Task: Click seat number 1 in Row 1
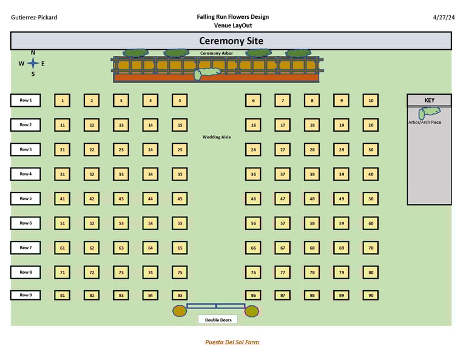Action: [62, 101]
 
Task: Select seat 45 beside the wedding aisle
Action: [180, 199]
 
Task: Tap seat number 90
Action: [371, 296]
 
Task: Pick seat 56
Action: [253, 223]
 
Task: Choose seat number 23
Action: [121, 150]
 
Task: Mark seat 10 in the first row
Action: [371, 101]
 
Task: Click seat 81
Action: [62, 296]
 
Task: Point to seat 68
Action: [312, 248]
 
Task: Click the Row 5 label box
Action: [25, 199]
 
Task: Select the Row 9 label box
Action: [25, 295]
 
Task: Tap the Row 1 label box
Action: [25, 100]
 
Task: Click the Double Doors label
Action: [218, 320]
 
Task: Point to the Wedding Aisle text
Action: [217, 137]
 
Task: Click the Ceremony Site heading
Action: [231, 41]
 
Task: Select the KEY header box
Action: [429, 100]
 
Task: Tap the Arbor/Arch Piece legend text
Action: [425, 123]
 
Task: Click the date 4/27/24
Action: [444, 18]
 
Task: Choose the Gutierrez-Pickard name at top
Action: [34, 18]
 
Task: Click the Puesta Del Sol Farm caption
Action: [232, 342]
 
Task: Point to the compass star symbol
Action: [33, 63]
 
